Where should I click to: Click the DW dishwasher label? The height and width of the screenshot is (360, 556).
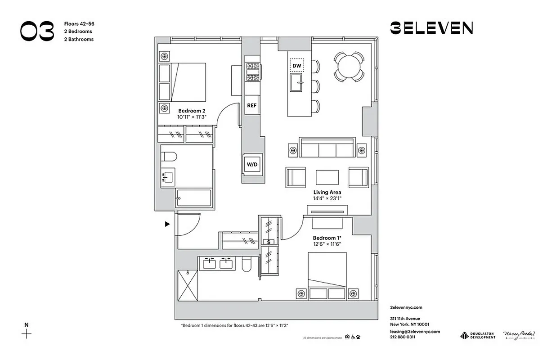click(296, 66)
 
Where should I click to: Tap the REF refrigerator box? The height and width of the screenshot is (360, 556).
click(252, 106)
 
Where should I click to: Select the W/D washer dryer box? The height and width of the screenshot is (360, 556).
click(252, 164)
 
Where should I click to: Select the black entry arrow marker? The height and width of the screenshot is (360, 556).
click(167, 224)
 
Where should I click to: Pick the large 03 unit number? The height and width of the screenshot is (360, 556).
click(37, 31)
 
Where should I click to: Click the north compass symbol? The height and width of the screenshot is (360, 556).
click(27, 333)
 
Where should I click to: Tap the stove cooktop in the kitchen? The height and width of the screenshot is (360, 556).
click(253, 72)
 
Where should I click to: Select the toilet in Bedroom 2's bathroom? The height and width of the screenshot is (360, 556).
click(169, 157)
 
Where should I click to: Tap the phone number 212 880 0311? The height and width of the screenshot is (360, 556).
click(403, 337)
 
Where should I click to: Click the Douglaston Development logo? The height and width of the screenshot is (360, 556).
click(477, 335)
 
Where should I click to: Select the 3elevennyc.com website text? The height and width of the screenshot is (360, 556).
click(406, 308)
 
